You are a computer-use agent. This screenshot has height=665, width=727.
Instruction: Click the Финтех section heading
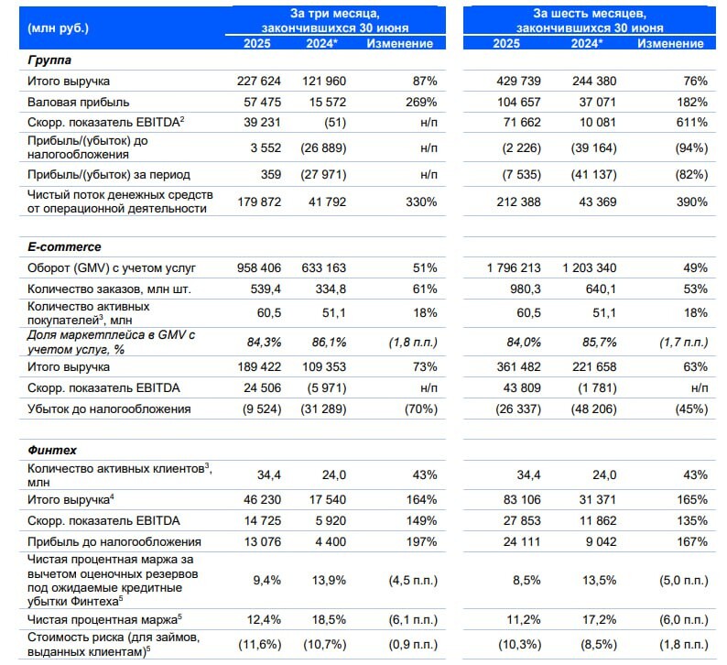coord(51,451)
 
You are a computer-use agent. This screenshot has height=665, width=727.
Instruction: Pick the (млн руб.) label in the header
coord(60,28)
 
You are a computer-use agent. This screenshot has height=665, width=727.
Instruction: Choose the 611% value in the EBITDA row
coord(691,122)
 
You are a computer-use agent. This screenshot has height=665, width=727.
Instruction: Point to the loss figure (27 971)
coord(322,174)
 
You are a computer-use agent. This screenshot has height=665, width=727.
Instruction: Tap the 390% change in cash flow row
coord(691,202)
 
